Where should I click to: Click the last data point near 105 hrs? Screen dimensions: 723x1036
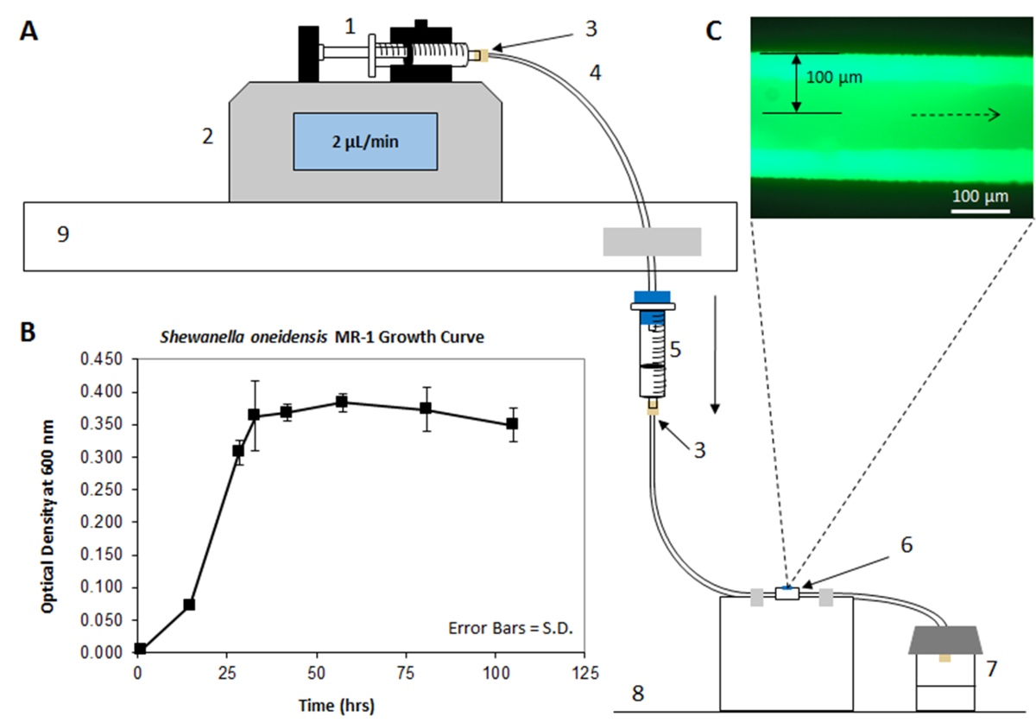[512, 423]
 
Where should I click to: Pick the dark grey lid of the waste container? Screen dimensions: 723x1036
[946, 640]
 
